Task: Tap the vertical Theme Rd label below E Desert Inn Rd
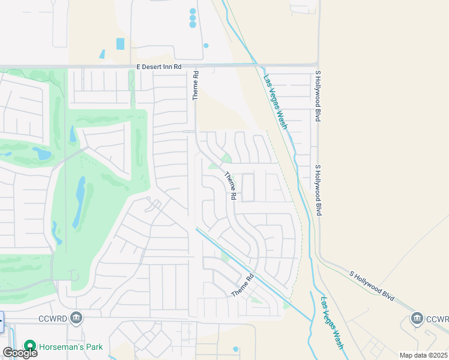tap(195, 86)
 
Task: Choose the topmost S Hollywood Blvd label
tap(318, 96)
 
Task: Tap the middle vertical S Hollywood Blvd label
tap(319, 190)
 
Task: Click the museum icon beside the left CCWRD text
tap(76, 317)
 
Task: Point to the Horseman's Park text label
tap(71, 347)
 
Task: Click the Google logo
tap(20, 353)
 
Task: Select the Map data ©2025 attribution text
tap(423, 355)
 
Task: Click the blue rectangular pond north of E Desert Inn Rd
tap(120, 44)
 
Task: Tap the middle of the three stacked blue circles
tap(193, 18)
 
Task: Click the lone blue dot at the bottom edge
tap(235, 349)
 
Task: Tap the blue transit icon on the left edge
tap(1, 322)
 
